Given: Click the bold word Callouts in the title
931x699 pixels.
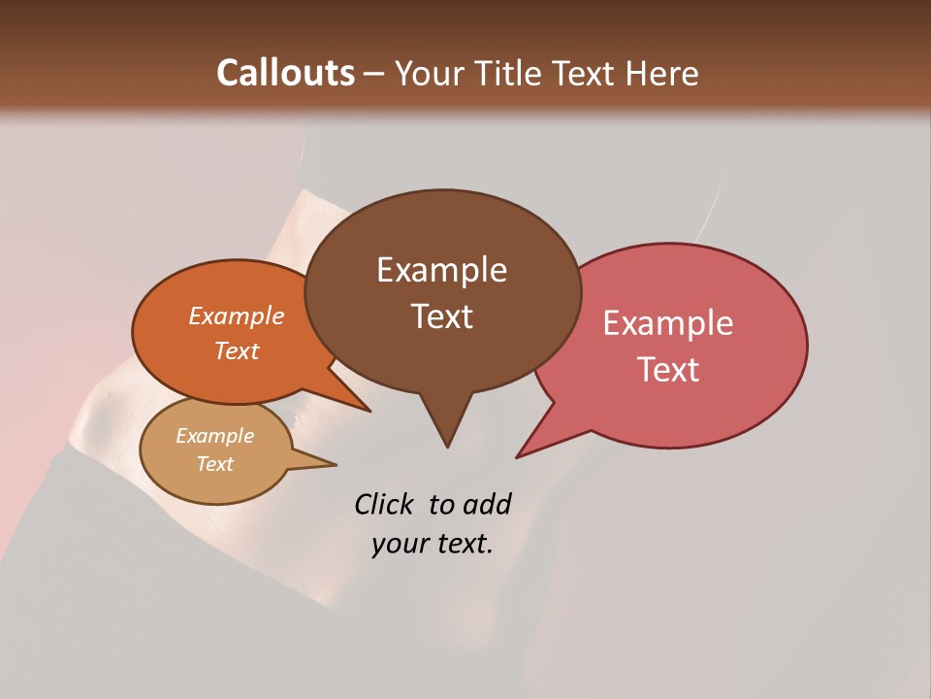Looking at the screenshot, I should click(285, 73).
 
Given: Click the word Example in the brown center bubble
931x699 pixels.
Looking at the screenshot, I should click(441, 270).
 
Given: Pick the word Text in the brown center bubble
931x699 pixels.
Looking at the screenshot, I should click(441, 316).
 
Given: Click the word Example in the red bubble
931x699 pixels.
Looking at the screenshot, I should click(668, 323).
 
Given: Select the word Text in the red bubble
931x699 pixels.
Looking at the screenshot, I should click(669, 370).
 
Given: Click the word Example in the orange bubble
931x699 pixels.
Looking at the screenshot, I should click(236, 316).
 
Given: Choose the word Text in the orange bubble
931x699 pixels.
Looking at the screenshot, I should click(236, 351).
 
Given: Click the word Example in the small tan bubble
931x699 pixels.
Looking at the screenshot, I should click(214, 436).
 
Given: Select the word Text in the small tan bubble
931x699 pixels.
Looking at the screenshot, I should click(214, 464).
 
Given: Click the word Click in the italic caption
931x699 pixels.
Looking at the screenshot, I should click(384, 504).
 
